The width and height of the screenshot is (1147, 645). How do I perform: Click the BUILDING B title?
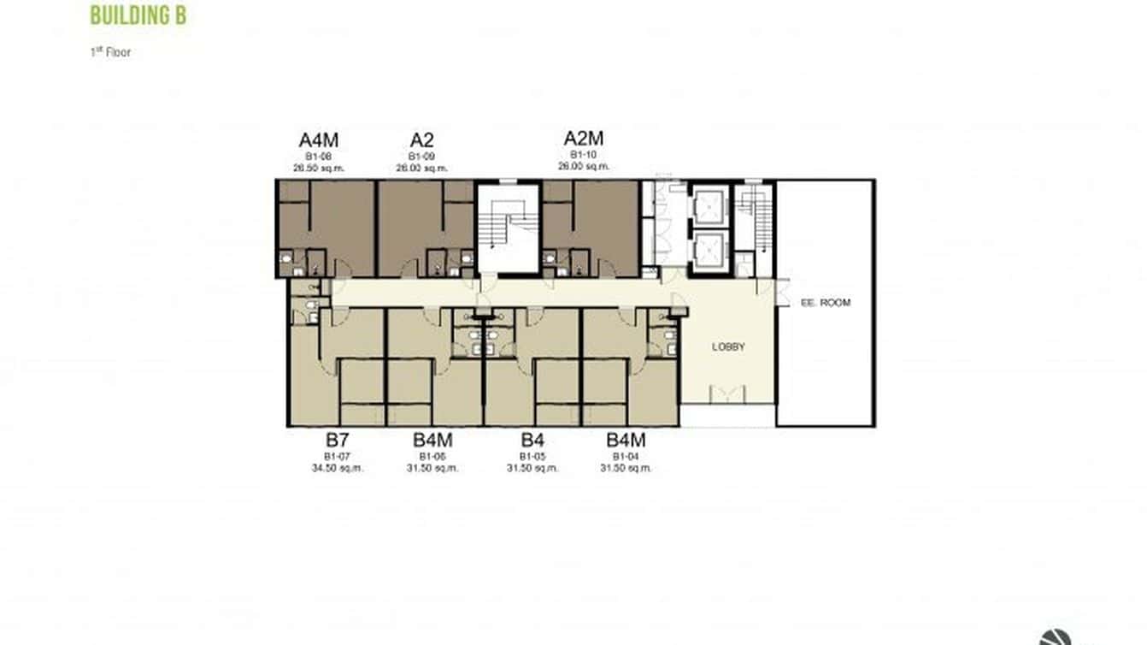(138, 15)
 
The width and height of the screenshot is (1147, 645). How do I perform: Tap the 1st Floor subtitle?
(110, 52)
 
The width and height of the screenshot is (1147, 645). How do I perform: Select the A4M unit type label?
(318, 140)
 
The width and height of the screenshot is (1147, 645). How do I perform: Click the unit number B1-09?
(421, 157)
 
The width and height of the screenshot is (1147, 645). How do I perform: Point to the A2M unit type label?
(584, 139)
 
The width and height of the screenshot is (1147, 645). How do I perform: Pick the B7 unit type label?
(338, 441)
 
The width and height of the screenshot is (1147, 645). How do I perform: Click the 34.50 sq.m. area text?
(338, 468)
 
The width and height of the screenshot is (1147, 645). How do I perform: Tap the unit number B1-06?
(432, 457)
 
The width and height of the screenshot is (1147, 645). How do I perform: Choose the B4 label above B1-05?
(532, 441)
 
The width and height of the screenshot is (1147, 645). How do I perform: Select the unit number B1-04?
(626, 457)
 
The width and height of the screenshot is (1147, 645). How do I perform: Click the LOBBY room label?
(728, 347)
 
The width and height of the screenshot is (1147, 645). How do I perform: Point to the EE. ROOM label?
(826, 303)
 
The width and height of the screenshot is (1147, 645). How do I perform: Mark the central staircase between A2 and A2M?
(508, 229)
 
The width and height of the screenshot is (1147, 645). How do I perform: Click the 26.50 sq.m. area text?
(318, 169)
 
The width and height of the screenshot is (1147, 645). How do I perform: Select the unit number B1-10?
(584, 155)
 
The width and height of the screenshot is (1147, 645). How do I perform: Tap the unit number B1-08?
(318, 157)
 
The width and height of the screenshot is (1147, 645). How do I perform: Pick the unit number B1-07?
(338, 457)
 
